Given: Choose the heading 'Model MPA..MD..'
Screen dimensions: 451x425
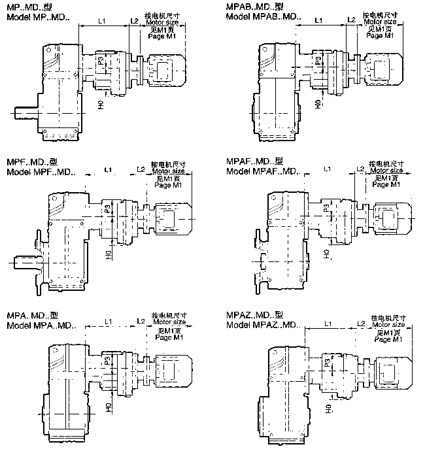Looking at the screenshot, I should pyautogui.click(x=41, y=326).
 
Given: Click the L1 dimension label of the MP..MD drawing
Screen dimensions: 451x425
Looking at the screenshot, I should pyautogui.click(x=101, y=21).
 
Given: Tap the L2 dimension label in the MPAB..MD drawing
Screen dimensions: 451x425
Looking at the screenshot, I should pyautogui.click(x=351, y=20).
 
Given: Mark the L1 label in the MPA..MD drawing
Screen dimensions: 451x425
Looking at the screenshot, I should pyautogui.click(x=109, y=322).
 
